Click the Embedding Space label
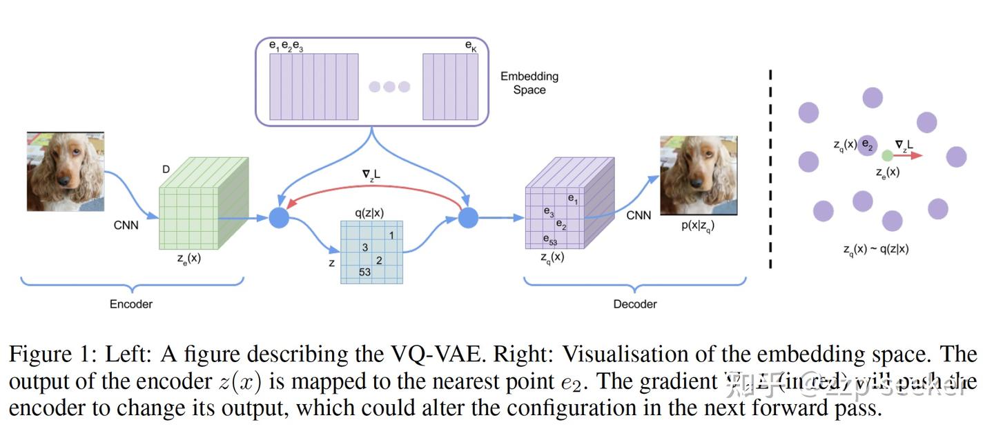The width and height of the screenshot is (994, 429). tap(529, 83)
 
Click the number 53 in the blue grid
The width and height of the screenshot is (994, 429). tap(365, 272)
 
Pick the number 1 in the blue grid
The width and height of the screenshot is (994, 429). tap(391, 235)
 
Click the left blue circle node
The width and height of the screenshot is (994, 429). tap(279, 218)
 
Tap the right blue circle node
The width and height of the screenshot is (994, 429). tap(468, 218)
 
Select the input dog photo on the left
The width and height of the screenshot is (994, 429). tap(65, 172)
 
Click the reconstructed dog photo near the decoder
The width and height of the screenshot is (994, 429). tap(698, 175)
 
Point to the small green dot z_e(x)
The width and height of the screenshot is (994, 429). tap(888, 156)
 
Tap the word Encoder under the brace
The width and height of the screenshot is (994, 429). tap(131, 304)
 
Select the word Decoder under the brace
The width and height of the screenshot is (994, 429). tap(635, 304)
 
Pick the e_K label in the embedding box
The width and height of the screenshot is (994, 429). tap(471, 46)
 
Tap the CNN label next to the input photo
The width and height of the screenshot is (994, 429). tap(126, 225)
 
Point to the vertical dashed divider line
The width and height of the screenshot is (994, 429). tap(770, 166)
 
